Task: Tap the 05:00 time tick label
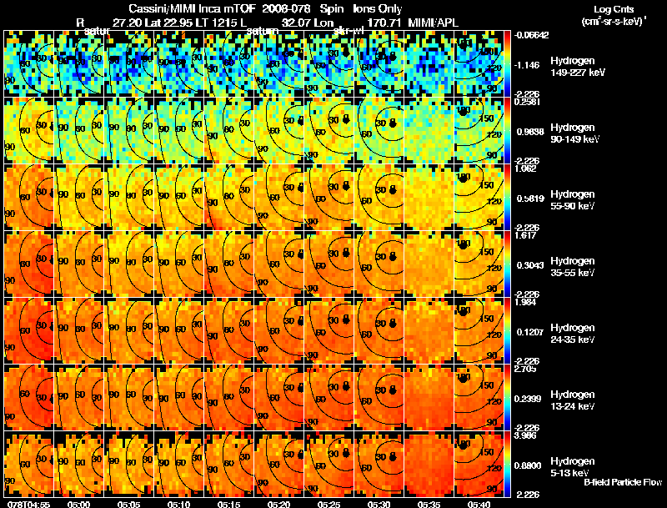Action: [x=78, y=503]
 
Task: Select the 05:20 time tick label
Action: [x=278, y=503]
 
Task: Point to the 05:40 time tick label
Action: [x=479, y=503]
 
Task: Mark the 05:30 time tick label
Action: [x=379, y=503]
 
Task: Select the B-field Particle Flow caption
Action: [x=622, y=481]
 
